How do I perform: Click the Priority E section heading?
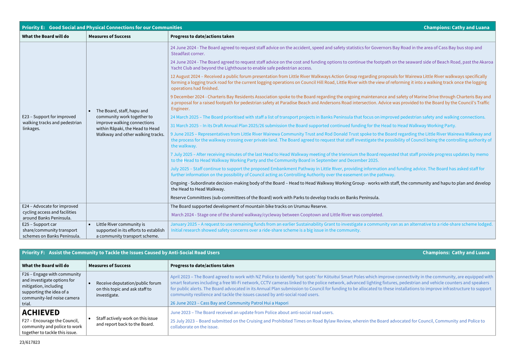click(102, 27)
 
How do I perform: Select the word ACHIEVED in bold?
click(41, 312)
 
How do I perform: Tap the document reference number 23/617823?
click(30, 342)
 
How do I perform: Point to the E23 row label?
click(51, 123)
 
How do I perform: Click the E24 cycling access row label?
click(50, 212)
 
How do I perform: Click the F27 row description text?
click(52, 327)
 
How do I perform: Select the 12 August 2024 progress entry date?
click(185, 76)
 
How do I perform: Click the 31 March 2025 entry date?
click(185, 126)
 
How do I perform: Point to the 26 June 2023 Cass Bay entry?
click(229, 303)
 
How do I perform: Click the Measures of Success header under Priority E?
click(110, 36)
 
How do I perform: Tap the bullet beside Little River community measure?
click(90, 225)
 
